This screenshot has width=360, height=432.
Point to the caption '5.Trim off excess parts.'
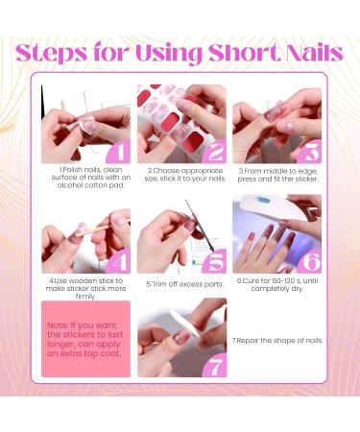[x=182, y=284]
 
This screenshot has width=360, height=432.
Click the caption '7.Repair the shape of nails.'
[x=276, y=340]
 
